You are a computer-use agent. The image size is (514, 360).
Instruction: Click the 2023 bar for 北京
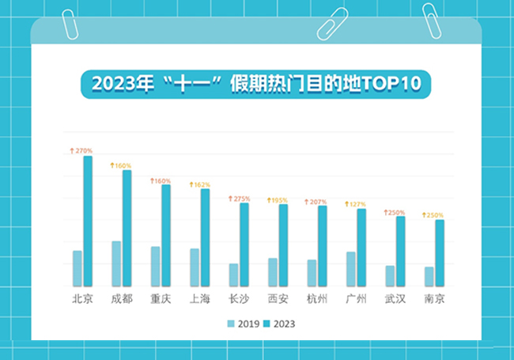tap(88, 221)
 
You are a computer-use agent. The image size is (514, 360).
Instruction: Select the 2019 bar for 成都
tap(116, 263)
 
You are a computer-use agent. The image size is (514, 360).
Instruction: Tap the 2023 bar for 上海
tap(205, 237)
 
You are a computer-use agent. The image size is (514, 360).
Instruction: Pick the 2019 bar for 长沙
tap(233, 275)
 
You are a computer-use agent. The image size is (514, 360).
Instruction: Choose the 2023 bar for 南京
tap(439, 252)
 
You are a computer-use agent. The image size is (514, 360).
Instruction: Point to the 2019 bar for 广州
tap(350, 269)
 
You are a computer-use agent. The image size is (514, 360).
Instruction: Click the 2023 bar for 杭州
tap(322, 245)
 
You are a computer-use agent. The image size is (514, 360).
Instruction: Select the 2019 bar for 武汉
tap(389, 275)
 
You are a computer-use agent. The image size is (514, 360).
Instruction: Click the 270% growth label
tap(81, 150)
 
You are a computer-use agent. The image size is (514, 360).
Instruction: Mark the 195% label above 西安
tap(278, 200)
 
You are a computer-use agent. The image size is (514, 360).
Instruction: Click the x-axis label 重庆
tap(161, 299)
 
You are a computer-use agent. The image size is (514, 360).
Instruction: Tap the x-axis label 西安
tap(278, 299)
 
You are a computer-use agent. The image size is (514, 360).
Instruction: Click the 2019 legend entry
tap(242, 324)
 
